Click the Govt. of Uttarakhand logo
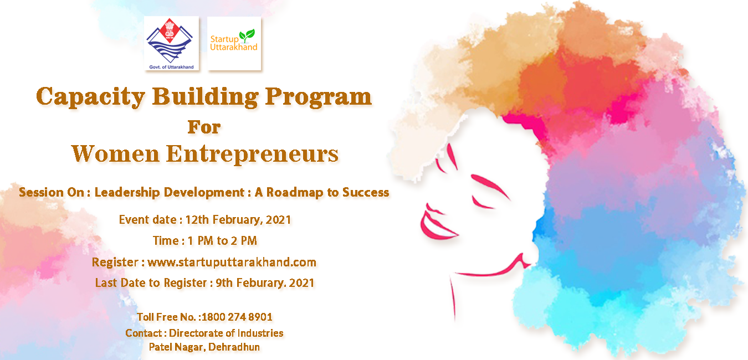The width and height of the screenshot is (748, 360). [171, 43]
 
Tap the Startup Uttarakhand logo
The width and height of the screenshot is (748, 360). [234, 43]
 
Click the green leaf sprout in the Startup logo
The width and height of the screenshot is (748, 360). [247, 35]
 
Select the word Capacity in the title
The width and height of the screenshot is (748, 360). [90, 97]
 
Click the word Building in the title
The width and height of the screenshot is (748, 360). [206, 97]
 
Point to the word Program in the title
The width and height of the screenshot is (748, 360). [319, 97]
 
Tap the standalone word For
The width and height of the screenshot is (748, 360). [204, 127]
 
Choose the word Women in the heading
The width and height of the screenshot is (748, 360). [116, 154]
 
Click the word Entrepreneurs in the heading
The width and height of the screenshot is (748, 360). [253, 155]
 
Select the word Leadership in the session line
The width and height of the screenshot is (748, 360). [127, 193]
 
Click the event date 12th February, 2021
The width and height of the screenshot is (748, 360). [238, 220]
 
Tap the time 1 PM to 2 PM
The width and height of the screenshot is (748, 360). [222, 240]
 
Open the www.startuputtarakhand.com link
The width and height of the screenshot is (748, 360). [232, 262]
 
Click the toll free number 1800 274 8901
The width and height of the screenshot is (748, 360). [237, 317]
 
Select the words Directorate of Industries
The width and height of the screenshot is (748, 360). [226, 333]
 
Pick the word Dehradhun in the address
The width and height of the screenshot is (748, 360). [234, 347]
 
